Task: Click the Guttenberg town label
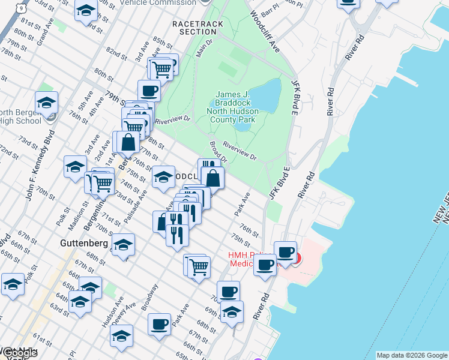[x=84, y=244]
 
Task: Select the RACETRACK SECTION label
[x=197, y=28]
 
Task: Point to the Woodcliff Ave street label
[x=265, y=30]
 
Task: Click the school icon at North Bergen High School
[x=47, y=104]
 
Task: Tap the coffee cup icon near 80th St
[x=149, y=91]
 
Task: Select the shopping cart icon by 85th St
[x=161, y=69]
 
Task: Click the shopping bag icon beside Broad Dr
[x=212, y=178]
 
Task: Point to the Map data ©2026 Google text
[x=411, y=355]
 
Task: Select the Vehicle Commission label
[x=158, y=3]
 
